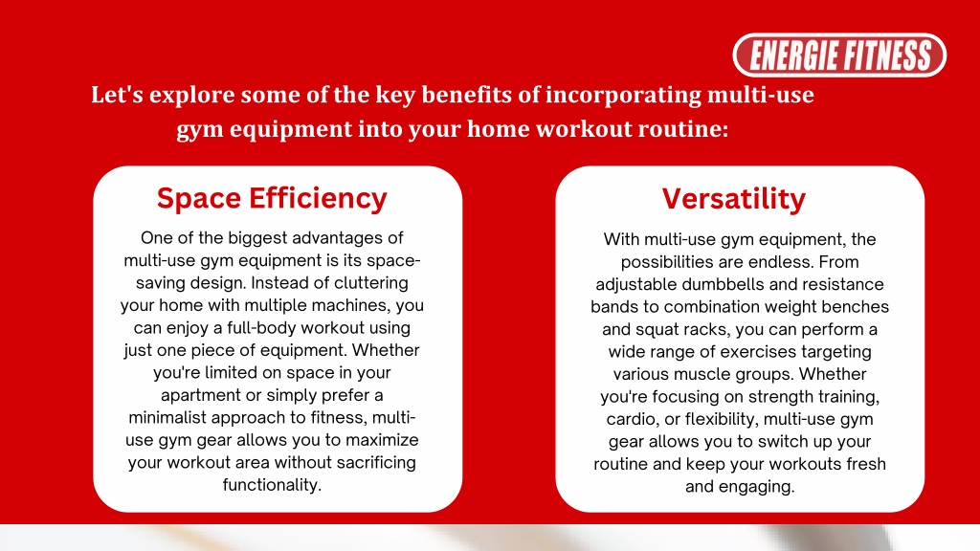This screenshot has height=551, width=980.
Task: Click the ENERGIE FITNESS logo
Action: coord(839,55)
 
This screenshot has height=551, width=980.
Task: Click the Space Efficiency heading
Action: coord(272,199)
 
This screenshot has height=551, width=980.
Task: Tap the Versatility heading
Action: coord(734,199)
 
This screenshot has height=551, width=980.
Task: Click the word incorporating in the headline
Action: coord(624,96)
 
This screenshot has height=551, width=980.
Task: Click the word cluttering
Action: coord(371,283)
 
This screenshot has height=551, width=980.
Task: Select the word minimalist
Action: coord(167,417)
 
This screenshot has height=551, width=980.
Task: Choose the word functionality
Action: coord(272,485)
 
